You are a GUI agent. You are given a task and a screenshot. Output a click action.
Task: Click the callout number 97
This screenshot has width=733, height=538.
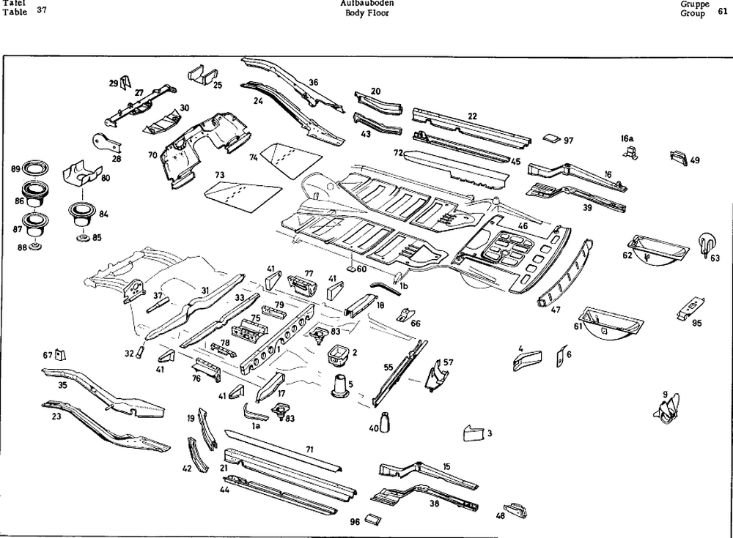(569, 141)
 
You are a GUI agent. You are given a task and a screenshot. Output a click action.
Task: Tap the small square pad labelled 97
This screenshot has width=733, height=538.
(552, 138)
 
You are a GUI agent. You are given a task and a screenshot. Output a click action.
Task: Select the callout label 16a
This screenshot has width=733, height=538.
(627, 138)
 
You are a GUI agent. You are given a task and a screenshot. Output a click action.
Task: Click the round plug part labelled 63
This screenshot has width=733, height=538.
(705, 243)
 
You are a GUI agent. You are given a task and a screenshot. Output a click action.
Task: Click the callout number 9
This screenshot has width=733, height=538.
(665, 395)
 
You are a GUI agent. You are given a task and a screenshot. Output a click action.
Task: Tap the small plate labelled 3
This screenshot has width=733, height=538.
(472, 433)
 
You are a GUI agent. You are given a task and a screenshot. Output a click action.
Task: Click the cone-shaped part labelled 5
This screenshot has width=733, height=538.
(339, 386)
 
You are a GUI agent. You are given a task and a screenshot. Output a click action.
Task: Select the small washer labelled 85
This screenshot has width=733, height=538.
(82, 239)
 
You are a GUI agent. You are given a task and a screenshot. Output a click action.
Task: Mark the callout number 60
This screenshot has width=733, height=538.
(361, 269)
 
